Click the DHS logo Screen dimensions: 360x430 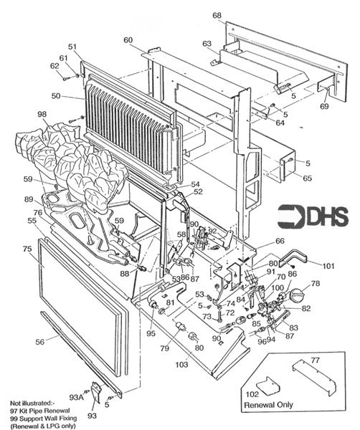313,216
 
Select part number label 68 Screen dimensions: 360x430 217,15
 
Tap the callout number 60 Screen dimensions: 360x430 128,40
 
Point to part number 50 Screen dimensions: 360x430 56,96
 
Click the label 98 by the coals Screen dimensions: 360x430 42,114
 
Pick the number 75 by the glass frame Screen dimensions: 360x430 27,249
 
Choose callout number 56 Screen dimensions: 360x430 39,342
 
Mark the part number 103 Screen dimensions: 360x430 182,364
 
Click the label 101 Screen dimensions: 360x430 328,265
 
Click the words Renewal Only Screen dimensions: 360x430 268,405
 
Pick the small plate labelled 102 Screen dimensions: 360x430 269,386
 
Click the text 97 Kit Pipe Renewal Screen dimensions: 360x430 40,411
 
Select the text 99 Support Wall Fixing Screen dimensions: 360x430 43,419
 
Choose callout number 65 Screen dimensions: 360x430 308,178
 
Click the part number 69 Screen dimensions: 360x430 324,106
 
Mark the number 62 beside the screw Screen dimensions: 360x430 55,66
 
